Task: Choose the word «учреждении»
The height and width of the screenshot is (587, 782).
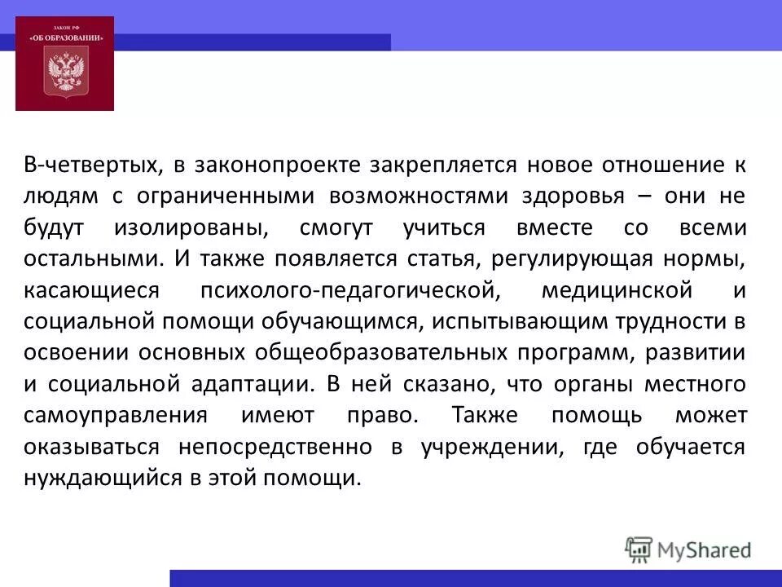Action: [x=490, y=446]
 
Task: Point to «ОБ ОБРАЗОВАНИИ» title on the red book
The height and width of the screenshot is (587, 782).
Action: [x=64, y=36]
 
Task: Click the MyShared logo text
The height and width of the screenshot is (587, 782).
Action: [x=705, y=549]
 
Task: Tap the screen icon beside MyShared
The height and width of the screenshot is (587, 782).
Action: [x=639, y=549]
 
